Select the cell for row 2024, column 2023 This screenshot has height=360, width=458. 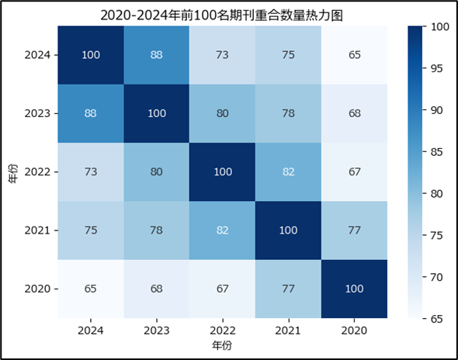(158, 55)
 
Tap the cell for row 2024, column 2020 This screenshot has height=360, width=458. (355, 55)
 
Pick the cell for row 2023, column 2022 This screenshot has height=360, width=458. (223, 113)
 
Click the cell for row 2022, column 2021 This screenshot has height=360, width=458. (289, 171)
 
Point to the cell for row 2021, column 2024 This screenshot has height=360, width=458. (92, 230)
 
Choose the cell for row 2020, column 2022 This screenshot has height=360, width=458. (223, 288)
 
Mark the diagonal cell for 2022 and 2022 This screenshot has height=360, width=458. (223, 171)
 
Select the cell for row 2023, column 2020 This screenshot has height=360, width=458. (355, 113)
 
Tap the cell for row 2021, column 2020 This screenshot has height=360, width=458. (355, 230)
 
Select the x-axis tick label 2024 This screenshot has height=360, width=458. (92, 329)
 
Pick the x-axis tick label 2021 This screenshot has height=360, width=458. (289, 329)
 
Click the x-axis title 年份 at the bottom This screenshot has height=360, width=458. (223, 344)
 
